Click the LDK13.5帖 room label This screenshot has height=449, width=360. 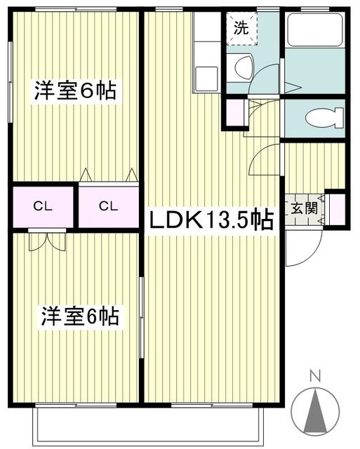(x=210, y=220)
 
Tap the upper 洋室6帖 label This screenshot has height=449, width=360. (x=76, y=91)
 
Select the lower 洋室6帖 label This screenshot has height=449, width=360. (x=79, y=316)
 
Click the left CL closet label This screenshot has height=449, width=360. (x=41, y=206)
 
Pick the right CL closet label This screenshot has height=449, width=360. (x=107, y=206)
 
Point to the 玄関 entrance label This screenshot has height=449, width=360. (x=305, y=208)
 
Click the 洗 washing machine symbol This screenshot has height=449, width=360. (x=241, y=29)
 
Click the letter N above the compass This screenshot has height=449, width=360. (x=315, y=377)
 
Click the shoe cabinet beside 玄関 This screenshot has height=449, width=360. (x=335, y=209)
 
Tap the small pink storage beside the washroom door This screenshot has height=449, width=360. (x=235, y=112)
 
